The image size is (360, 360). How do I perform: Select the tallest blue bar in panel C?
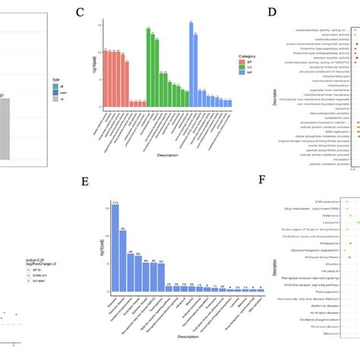tap(191, 61)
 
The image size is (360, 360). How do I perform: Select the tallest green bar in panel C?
tap(148, 66)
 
